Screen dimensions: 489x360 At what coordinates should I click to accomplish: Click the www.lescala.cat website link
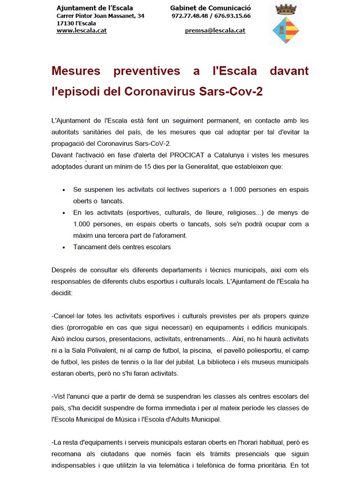pos(82,31)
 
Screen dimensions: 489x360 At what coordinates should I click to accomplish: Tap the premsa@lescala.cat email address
pos(215,31)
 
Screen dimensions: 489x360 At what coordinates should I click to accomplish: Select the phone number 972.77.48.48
pos(190,16)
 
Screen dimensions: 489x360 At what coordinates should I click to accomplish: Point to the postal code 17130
pos(65,23)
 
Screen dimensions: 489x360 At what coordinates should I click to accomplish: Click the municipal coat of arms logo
pos(285,30)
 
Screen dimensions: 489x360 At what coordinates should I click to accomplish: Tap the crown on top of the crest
pos(285,8)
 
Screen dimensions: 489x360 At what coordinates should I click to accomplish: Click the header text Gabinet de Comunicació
pos(211,8)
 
